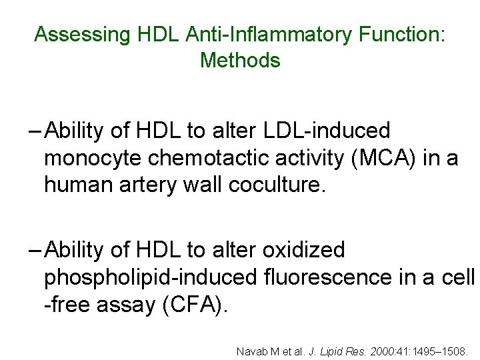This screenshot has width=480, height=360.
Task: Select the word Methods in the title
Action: pos(240,60)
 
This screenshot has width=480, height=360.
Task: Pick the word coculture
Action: pos(277,184)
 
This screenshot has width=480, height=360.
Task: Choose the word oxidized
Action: pos(305,250)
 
